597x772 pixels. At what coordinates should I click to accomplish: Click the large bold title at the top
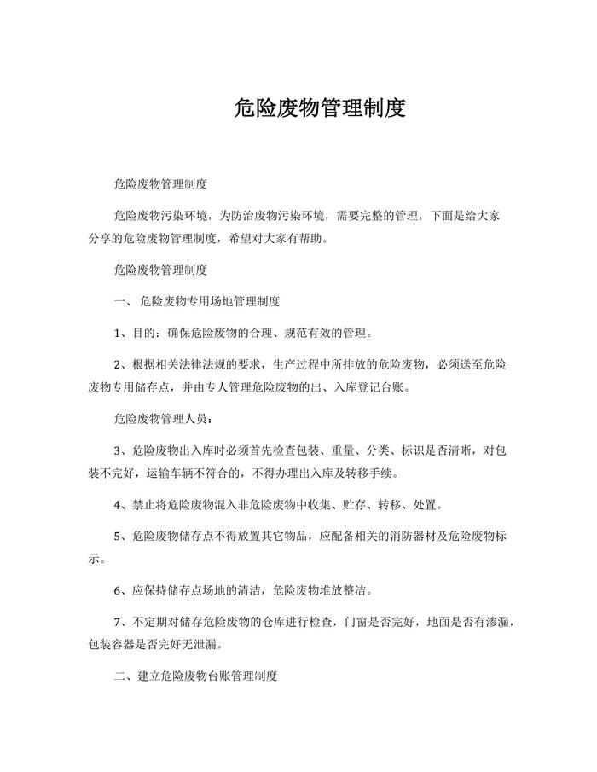pos(319,109)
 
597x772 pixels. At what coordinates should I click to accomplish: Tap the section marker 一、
pos(121,301)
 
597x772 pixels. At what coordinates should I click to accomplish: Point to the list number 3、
pos(120,450)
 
